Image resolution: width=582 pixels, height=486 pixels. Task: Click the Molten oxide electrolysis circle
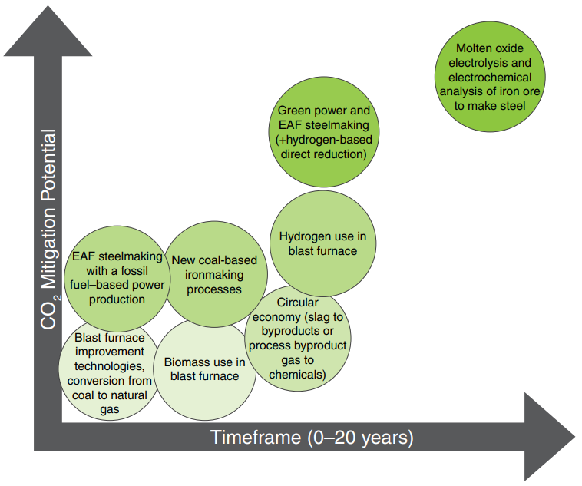point(489,77)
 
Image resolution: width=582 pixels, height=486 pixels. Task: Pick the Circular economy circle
point(297,338)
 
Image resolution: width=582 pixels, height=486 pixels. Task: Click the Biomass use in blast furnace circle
point(205,369)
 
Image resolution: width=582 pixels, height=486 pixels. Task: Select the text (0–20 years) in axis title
point(362,438)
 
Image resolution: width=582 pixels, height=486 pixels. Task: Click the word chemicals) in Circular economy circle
point(297,374)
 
